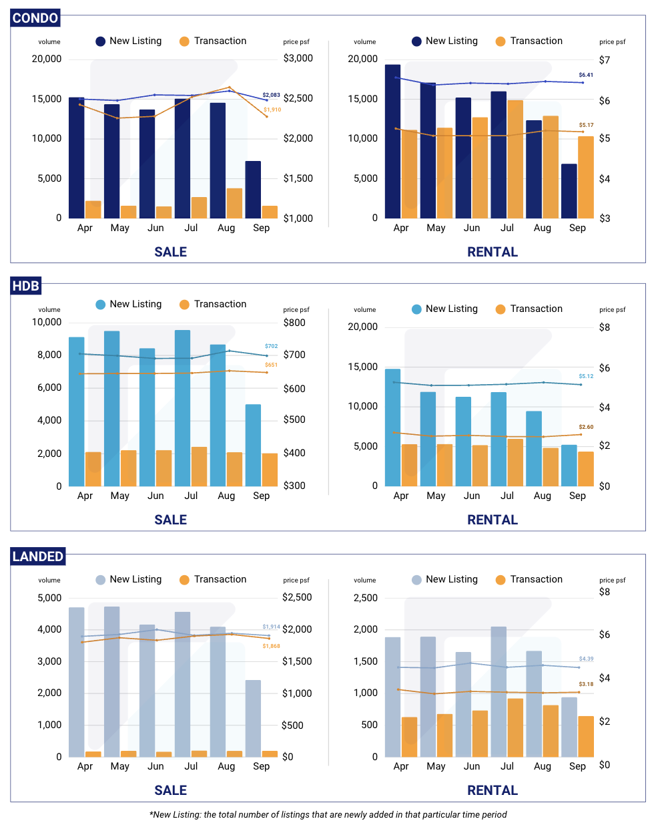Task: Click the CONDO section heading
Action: click(35, 18)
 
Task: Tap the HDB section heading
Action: click(26, 286)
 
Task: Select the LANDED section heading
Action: click(38, 556)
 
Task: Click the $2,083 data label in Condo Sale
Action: click(271, 95)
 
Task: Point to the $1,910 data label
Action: click(272, 110)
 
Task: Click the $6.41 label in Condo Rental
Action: click(586, 75)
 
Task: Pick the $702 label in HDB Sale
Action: click(271, 346)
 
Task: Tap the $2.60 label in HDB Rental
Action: click(586, 427)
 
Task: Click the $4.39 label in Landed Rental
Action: click(586, 659)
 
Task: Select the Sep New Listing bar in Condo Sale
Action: click(253, 190)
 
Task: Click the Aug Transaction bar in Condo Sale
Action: click(234, 203)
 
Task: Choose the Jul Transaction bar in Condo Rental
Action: click(515, 159)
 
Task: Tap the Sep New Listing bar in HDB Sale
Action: click(253, 445)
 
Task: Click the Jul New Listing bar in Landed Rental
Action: click(499, 691)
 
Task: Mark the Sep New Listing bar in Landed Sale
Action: click(253, 718)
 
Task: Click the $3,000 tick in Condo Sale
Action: click(298, 58)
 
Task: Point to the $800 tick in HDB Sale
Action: click(294, 323)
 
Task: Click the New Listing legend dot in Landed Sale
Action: click(101, 580)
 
